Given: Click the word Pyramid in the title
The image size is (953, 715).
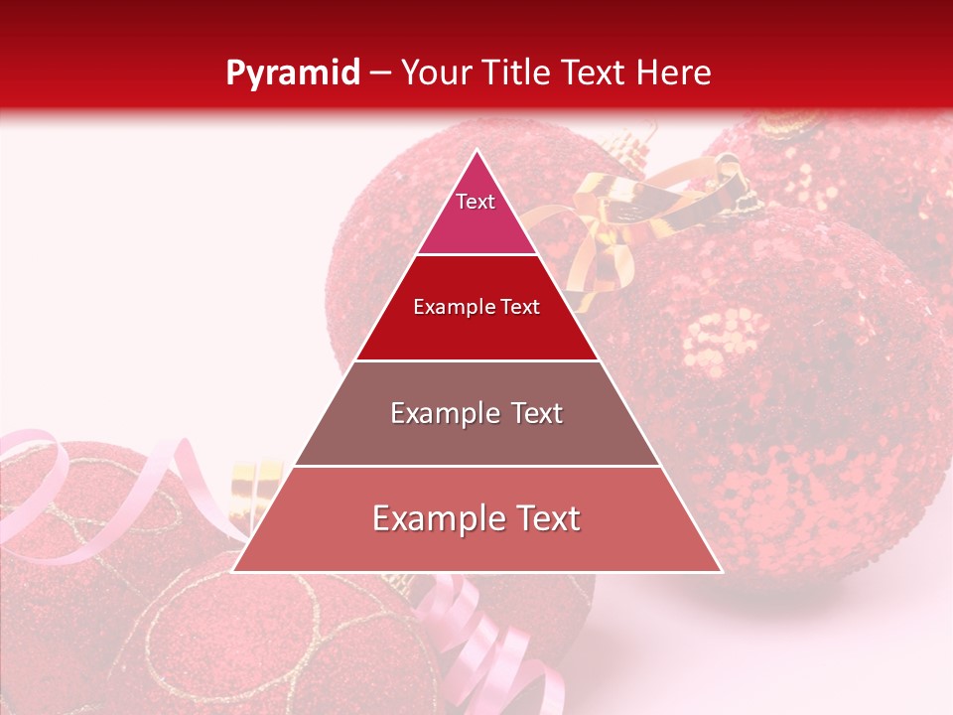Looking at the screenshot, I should click(292, 72).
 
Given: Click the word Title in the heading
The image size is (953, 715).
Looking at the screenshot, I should click(515, 72).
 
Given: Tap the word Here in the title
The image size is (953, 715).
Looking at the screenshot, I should click(674, 72).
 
